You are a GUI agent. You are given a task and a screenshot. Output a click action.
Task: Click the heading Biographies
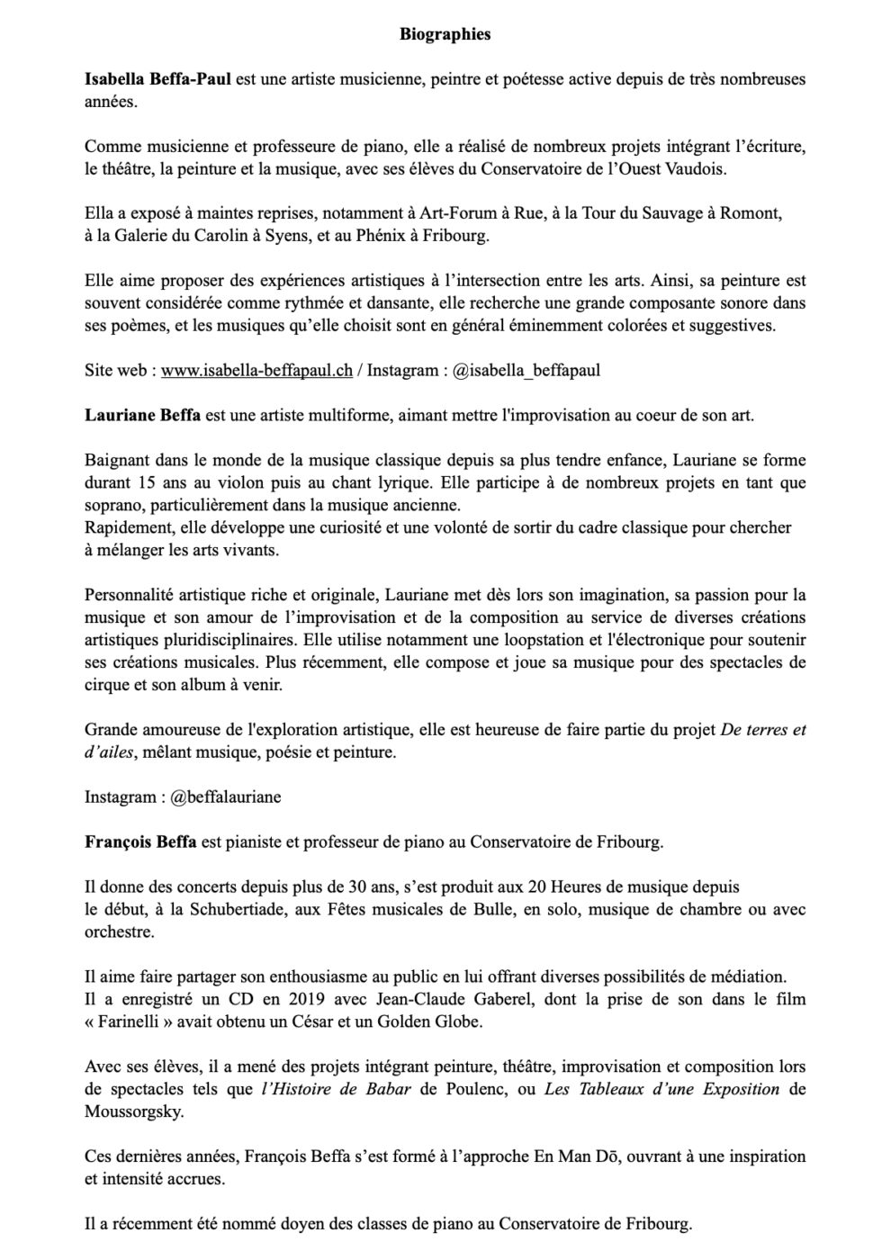(445, 35)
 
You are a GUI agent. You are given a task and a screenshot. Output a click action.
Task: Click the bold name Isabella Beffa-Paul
(157, 79)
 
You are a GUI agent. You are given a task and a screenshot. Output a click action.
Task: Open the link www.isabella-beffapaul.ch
(256, 370)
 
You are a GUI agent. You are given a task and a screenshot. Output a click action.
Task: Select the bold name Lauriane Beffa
(142, 415)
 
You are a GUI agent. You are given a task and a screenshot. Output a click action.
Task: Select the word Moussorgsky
(134, 1111)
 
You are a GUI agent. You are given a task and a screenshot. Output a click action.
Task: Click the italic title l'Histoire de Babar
(335, 1089)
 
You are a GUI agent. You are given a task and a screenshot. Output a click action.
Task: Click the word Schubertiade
(236, 909)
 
